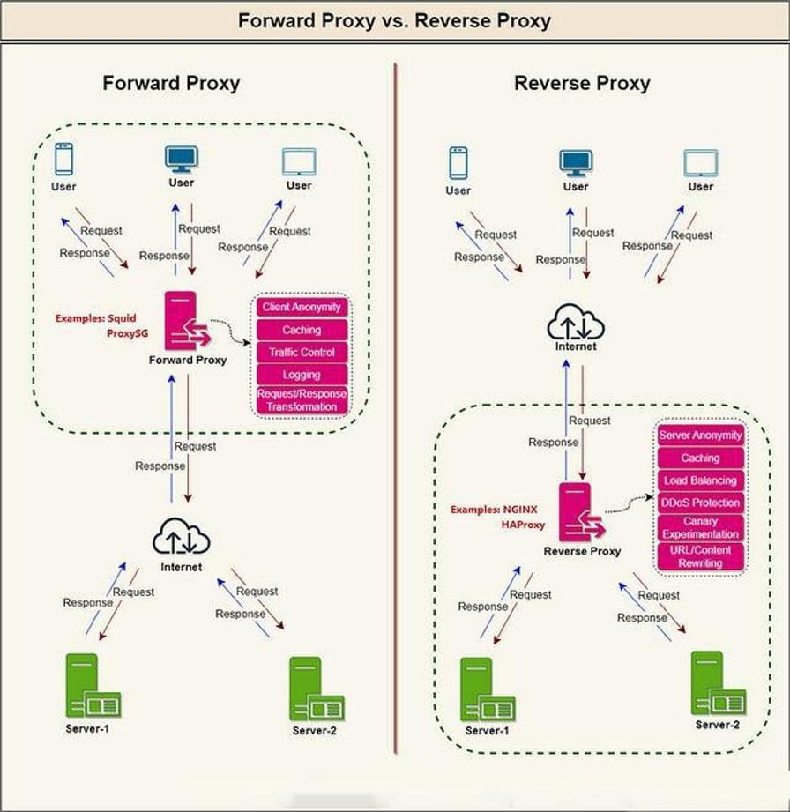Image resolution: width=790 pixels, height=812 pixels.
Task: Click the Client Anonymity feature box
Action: coord(302,308)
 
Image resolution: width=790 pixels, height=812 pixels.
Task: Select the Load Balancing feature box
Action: coord(701,480)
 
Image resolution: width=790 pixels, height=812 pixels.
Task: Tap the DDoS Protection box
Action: coord(701,503)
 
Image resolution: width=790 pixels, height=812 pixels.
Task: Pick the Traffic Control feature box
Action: coord(302,352)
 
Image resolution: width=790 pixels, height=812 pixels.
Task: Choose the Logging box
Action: coord(302,375)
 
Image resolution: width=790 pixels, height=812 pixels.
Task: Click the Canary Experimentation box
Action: coord(701,528)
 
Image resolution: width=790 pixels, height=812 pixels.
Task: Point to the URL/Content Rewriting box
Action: coord(701,556)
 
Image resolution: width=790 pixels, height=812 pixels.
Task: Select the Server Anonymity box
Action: coord(701,436)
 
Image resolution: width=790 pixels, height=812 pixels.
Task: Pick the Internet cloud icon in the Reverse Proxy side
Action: coord(575,324)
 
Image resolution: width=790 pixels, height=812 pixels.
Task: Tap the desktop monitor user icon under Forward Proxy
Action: coord(182,159)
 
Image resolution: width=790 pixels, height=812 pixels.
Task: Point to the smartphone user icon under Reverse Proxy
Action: coord(458,163)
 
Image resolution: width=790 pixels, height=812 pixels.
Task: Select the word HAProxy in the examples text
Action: coord(524,525)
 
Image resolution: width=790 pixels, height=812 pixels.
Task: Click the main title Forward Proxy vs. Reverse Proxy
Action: coord(394,20)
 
